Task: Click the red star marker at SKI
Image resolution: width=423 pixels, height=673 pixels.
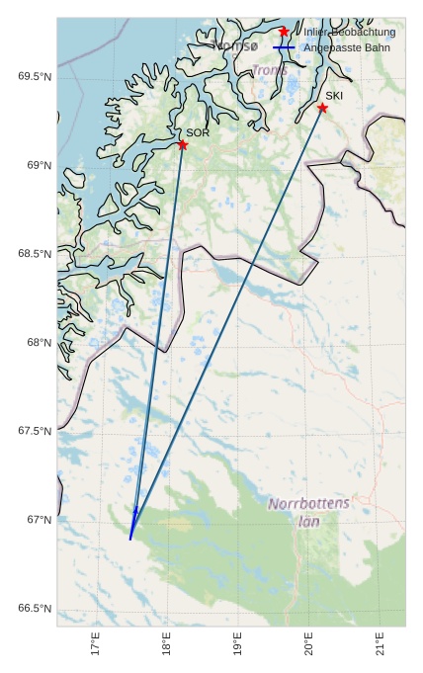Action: click(x=322, y=108)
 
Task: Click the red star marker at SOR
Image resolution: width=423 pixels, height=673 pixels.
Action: click(x=183, y=145)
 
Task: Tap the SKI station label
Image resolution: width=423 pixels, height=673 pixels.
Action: click(x=334, y=96)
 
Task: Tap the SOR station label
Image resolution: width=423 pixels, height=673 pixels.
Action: click(x=198, y=132)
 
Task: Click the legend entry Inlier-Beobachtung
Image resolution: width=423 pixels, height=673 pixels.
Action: click(x=349, y=33)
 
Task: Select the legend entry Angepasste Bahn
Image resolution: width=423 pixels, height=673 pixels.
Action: click(x=353, y=47)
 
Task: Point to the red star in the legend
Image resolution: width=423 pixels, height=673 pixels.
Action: click(x=284, y=33)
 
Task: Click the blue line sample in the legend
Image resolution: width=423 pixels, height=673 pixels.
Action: click(x=284, y=47)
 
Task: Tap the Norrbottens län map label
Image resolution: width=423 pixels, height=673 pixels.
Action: click(x=309, y=511)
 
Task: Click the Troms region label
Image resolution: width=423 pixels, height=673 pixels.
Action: click(x=269, y=71)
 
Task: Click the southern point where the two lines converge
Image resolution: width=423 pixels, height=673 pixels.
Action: click(x=130, y=538)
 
